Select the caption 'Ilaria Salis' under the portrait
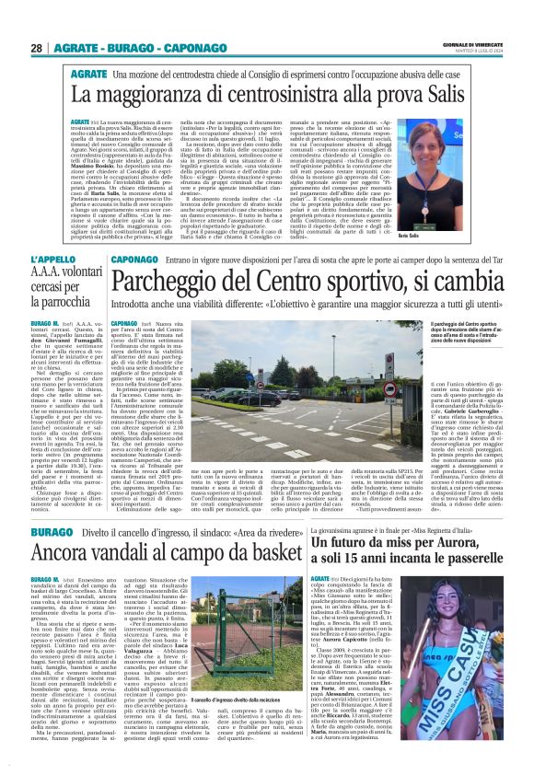point(493,211)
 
